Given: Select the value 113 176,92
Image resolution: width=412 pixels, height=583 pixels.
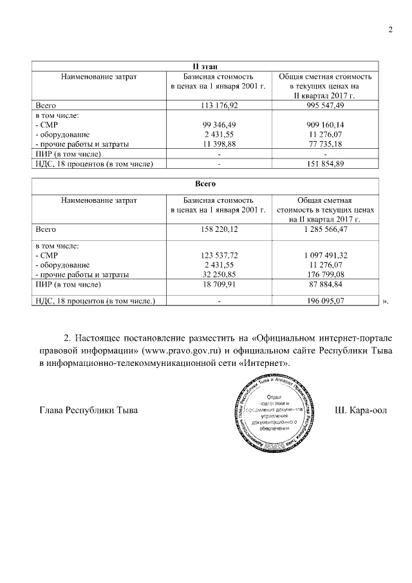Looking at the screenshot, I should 219,104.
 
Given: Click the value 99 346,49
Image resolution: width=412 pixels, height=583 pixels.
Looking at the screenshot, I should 219,124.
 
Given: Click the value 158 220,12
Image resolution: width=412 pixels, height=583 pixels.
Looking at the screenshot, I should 219,229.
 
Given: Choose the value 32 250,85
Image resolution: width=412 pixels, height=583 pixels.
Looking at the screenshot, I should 219,274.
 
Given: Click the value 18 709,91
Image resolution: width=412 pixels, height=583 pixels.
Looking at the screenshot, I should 219,284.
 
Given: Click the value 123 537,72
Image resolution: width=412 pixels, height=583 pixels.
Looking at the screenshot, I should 219,255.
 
